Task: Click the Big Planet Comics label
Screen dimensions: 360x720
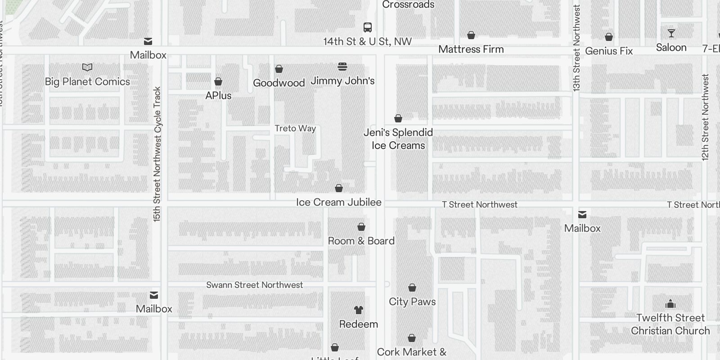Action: pyautogui.click(x=87, y=82)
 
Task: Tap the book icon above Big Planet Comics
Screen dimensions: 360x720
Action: pyautogui.click(x=87, y=67)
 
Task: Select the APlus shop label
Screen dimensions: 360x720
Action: pyautogui.click(x=218, y=95)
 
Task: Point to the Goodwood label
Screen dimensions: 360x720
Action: pyautogui.click(x=279, y=83)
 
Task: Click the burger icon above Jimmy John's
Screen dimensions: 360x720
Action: pyautogui.click(x=342, y=67)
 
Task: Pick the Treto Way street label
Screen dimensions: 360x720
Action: pyautogui.click(x=295, y=128)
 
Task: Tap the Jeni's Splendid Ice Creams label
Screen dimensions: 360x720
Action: pyautogui.click(x=398, y=139)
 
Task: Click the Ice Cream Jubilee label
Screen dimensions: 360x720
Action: pyautogui.click(x=338, y=202)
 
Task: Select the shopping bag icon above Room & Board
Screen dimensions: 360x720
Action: pyautogui.click(x=361, y=227)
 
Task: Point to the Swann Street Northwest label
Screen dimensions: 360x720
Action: pyautogui.click(x=255, y=285)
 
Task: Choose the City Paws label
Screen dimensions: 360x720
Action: pyautogui.click(x=412, y=301)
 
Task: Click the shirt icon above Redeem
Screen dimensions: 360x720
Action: pyautogui.click(x=359, y=310)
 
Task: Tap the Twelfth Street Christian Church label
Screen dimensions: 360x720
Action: pyautogui.click(x=670, y=324)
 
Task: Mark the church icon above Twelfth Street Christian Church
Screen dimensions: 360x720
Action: pyautogui.click(x=670, y=304)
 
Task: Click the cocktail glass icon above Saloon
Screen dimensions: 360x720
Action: pyautogui.click(x=671, y=33)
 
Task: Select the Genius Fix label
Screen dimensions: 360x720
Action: pyautogui.click(x=609, y=51)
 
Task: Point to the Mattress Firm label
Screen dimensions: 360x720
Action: pyautogui.click(x=471, y=49)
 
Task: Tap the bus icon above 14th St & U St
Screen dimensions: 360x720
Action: pyautogui.click(x=368, y=27)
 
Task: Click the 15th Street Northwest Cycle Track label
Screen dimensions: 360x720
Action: pyautogui.click(x=157, y=154)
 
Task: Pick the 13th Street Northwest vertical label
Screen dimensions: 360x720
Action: pyautogui.click(x=576, y=48)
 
